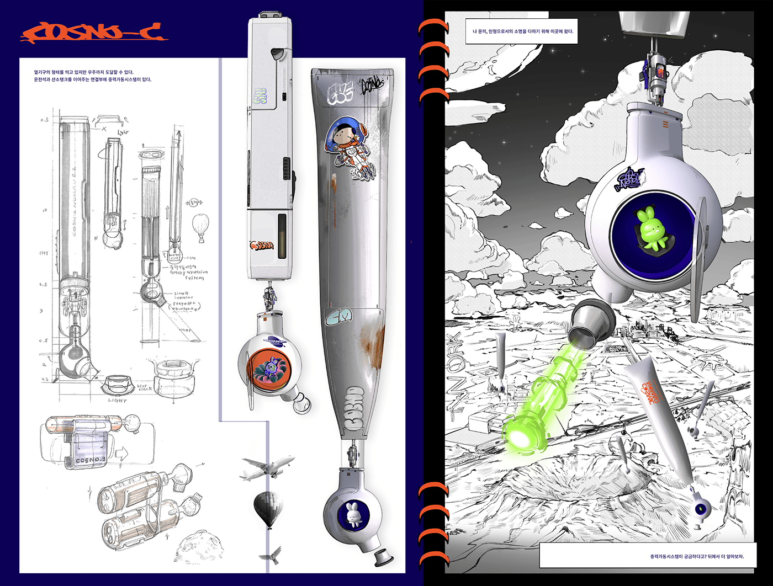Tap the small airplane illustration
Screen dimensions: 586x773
267,467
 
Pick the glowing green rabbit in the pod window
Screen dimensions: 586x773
651,231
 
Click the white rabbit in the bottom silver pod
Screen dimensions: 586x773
352,514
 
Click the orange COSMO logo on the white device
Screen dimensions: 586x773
262,245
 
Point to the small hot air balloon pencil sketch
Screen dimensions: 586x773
200,227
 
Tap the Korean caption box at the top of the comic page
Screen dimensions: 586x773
522,31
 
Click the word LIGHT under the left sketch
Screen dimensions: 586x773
118,401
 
